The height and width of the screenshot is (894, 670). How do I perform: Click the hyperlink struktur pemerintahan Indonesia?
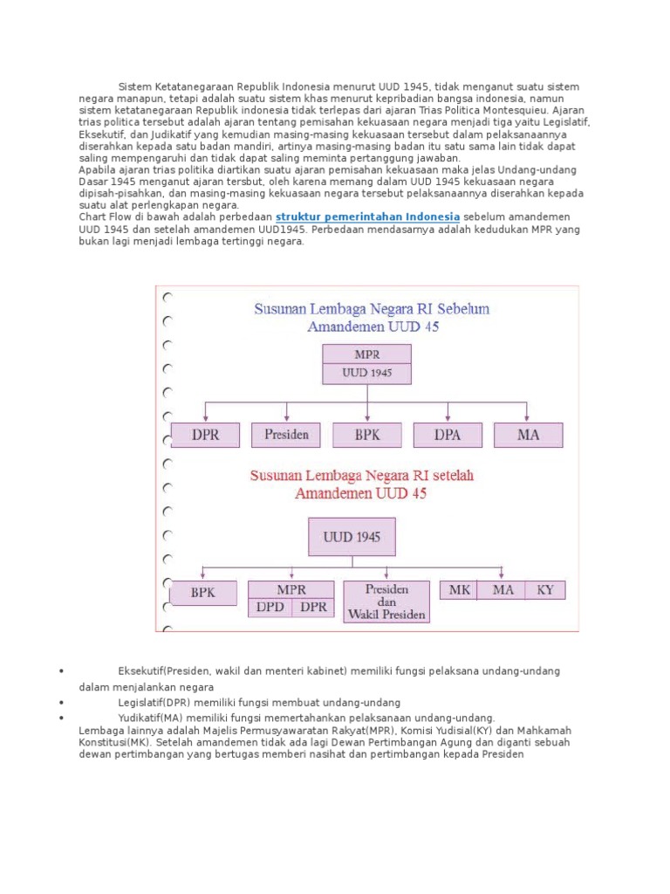[367, 217]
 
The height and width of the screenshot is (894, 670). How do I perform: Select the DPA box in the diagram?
[448, 435]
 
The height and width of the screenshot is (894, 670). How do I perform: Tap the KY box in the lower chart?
[545, 590]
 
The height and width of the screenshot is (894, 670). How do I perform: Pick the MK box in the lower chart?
[460, 590]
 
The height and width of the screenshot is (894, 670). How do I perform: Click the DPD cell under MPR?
[270, 608]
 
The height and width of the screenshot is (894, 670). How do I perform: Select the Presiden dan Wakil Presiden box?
[386, 602]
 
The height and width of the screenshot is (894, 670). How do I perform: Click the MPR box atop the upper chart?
[367, 354]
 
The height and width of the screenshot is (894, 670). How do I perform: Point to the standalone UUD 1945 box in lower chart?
[352, 537]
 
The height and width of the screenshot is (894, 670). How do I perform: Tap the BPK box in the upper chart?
[367, 435]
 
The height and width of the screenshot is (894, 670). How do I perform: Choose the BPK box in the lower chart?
[203, 593]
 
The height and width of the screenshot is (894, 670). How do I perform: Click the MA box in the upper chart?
[528, 435]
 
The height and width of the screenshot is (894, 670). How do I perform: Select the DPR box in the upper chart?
[205, 435]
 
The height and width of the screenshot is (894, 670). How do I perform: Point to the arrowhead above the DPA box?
[448, 419]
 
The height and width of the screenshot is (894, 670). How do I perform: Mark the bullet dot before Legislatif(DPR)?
[62, 702]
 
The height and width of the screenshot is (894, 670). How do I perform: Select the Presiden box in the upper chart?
[286, 435]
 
